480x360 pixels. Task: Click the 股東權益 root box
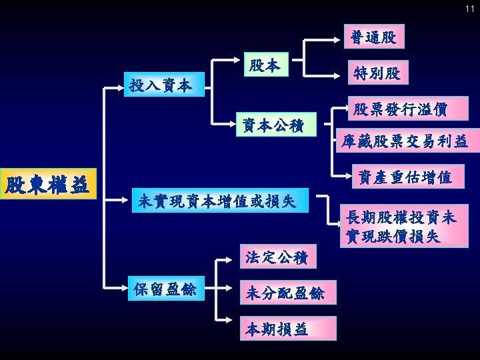[48, 185]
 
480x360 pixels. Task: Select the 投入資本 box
[160, 86]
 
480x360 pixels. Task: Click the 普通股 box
[373, 38]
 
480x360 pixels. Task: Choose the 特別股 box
[377, 73]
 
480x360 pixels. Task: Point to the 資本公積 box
[274, 124]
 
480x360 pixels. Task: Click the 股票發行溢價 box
[400, 108]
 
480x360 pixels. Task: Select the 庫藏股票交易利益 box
[404, 141]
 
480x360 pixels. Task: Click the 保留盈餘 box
[165, 289]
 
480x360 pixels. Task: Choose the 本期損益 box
[276, 329]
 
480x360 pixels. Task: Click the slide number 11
[469, 8]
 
